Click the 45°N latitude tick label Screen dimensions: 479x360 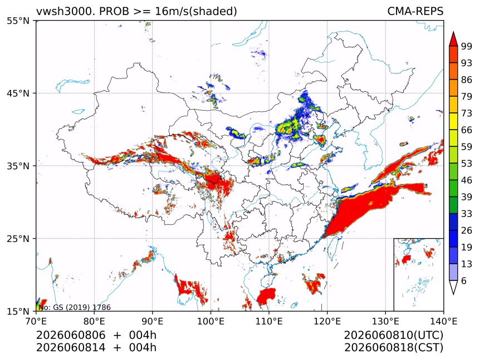pos(18,93)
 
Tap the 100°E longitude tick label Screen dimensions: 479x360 pos(211,321)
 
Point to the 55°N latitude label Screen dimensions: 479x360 pos(18,21)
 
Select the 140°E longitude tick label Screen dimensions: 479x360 pos(443,321)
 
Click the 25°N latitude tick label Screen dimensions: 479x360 pos(18,238)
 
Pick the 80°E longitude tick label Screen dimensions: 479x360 pos(94,321)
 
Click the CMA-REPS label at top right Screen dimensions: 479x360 pos(415,11)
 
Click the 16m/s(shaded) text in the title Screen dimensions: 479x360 pos(196,12)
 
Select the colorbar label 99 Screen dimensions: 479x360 pos(467,46)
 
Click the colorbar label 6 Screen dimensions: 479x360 pos(464,280)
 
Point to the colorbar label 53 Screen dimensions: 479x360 pos(467,164)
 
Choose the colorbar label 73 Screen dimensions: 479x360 pos(467,113)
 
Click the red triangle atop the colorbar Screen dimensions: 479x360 pos(453,40)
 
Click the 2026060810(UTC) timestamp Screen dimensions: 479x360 pos(393,335)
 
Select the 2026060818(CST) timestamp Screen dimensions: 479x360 pos(393,348)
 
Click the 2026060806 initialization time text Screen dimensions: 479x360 pos(71,335)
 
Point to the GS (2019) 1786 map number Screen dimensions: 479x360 pos(82,307)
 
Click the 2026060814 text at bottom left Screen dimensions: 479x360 pos(71,348)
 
